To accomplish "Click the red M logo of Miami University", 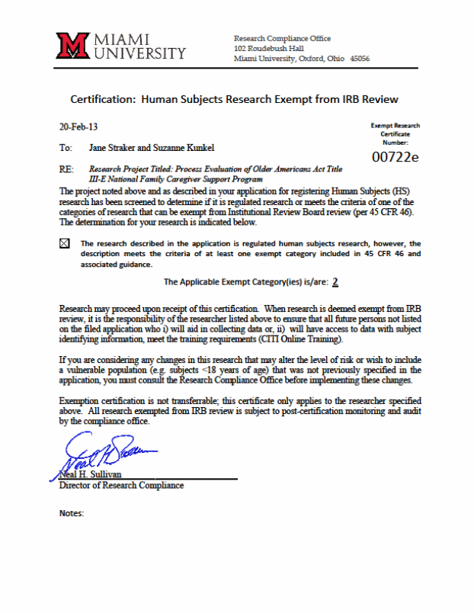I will click(74, 46).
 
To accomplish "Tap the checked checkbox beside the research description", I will click(64, 243).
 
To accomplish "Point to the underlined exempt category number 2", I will click(335, 281).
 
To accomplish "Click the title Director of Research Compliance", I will click(121, 486).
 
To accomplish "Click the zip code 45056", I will click(359, 59).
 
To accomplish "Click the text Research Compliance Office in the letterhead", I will click(282, 38).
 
